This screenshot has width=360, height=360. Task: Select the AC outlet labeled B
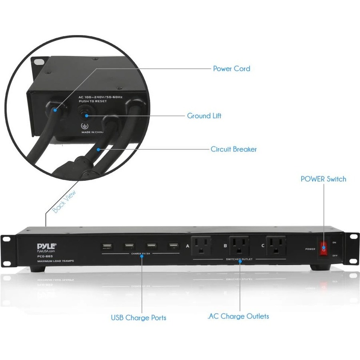[x=239, y=246]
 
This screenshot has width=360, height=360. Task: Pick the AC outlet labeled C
[x=276, y=246]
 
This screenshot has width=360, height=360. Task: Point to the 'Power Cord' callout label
[x=232, y=69]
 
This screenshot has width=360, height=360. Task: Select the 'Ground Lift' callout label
[x=204, y=116]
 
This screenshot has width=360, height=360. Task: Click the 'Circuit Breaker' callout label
[x=234, y=149]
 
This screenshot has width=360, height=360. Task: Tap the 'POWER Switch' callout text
[x=323, y=179]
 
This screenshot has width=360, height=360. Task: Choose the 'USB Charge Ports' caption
[x=138, y=318]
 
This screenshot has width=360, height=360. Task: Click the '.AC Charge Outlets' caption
[x=238, y=316]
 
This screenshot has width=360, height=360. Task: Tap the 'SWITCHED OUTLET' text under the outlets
[x=239, y=260]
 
